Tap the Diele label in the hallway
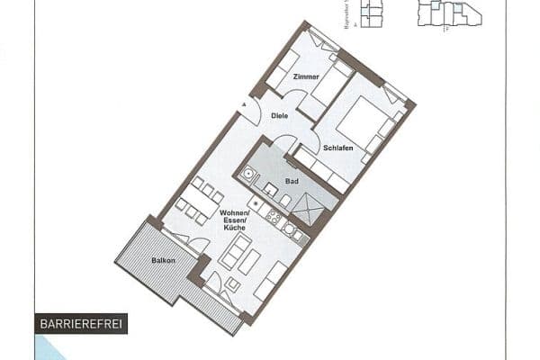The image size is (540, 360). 280,115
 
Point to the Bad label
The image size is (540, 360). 292,181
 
